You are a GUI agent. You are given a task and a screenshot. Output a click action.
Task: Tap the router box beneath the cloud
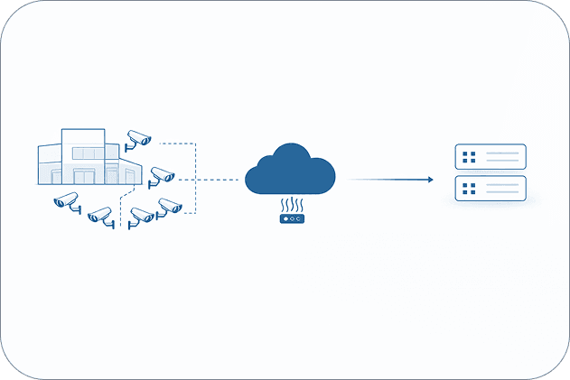(x=292, y=218)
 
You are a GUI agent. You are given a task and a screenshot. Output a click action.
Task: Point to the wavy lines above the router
(x=292, y=204)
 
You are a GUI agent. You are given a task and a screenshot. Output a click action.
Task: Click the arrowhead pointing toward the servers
(x=430, y=180)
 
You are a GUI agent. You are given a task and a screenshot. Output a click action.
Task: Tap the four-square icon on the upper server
(x=469, y=158)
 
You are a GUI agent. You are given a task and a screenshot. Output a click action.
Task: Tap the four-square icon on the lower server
(x=469, y=190)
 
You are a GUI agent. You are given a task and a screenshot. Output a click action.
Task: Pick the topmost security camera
(x=138, y=137)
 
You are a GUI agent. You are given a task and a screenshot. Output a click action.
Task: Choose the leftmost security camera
(x=67, y=201)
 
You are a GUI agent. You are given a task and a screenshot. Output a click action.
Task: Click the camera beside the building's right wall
(x=162, y=174)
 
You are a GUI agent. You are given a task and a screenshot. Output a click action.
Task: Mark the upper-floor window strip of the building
(x=89, y=153)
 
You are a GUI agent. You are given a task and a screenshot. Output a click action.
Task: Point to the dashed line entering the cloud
(x=217, y=180)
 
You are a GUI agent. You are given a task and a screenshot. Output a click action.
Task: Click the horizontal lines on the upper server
(x=504, y=158)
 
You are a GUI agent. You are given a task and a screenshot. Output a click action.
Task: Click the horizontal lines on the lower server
(x=504, y=190)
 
